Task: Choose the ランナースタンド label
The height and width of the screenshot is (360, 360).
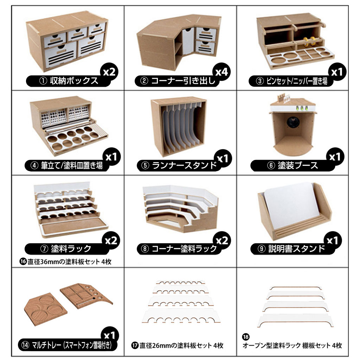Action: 179,165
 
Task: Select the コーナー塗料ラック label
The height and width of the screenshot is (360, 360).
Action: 179,249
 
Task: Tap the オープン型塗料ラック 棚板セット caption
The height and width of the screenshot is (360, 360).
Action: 292,345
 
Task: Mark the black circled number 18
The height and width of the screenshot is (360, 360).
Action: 245,336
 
